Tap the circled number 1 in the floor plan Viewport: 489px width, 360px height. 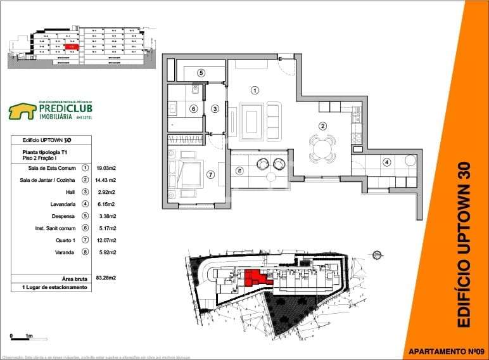click(x=255, y=90)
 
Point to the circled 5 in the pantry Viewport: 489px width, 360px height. click(x=201, y=73)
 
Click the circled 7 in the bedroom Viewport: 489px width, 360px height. click(x=211, y=174)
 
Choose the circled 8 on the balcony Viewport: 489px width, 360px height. click(x=239, y=170)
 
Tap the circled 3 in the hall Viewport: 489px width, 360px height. click(x=215, y=108)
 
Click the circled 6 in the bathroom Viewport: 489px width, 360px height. click(x=193, y=108)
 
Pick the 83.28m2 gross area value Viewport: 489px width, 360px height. click(x=106, y=278)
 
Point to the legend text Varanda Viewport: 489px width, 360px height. click(x=65, y=252)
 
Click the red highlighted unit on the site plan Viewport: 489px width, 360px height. click(x=255, y=278)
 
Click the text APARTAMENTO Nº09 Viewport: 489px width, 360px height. click(x=447, y=350)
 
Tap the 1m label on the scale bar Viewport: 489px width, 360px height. click(x=29, y=336)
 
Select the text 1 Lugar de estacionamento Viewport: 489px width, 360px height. click(x=49, y=288)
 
